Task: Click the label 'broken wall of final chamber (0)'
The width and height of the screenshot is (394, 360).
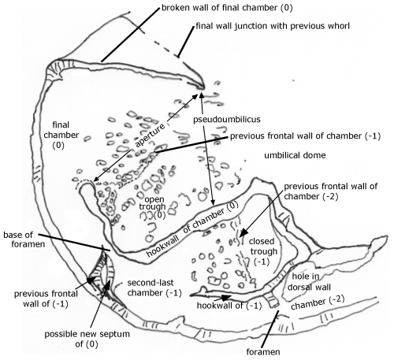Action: point(227,8)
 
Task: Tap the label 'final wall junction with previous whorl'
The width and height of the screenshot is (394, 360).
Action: point(273,26)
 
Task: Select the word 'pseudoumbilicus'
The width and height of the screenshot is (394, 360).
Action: point(227,120)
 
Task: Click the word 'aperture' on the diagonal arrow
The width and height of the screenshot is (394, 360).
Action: point(150,135)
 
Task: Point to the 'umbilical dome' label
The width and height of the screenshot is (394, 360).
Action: point(295,155)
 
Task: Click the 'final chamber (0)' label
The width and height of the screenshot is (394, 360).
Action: point(61,135)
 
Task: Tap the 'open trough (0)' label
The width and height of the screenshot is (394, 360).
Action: point(153,207)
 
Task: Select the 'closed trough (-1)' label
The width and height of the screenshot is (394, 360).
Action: point(263,251)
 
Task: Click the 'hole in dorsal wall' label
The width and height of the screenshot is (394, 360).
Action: point(309,282)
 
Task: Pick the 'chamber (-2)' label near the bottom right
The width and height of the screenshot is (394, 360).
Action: point(318,302)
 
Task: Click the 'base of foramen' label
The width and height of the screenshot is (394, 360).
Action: point(24,239)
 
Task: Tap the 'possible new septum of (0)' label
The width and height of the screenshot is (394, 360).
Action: point(87,339)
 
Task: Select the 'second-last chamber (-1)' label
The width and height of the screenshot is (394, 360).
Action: point(154,288)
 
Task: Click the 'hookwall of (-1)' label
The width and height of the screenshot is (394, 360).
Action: point(229,306)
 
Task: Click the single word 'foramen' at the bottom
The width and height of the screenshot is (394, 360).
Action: point(263,351)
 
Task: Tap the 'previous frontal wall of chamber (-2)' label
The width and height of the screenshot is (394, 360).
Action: point(331,191)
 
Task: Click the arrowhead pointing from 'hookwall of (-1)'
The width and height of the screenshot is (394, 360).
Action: point(225,298)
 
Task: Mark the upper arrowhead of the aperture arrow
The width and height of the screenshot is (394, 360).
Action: point(195,97)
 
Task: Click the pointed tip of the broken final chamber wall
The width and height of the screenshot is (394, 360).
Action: point(203,87)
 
